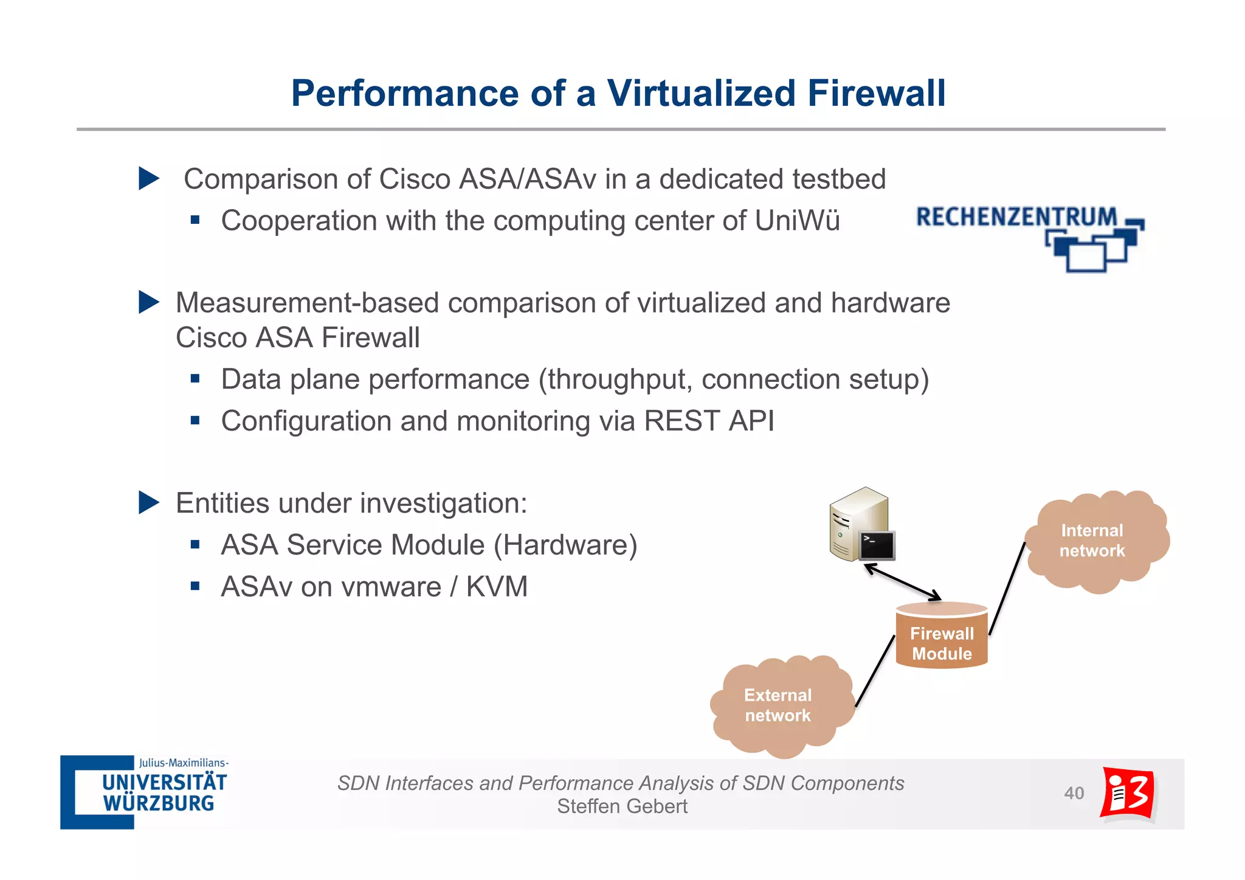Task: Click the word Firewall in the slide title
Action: [875, 94]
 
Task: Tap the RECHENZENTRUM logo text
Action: [1016, 217]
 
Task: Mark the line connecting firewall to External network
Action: [875, 671]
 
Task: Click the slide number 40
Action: [1074, 793]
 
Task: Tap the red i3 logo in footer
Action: [1128, 793]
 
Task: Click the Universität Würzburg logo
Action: [145, 792]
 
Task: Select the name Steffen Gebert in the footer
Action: [622, 806]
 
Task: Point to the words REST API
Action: [709, 421]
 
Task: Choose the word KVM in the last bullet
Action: [497, 587]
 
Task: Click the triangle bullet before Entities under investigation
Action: [148, 503]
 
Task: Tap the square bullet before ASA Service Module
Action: [195, 545]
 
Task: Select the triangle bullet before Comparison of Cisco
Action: [148, 179]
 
